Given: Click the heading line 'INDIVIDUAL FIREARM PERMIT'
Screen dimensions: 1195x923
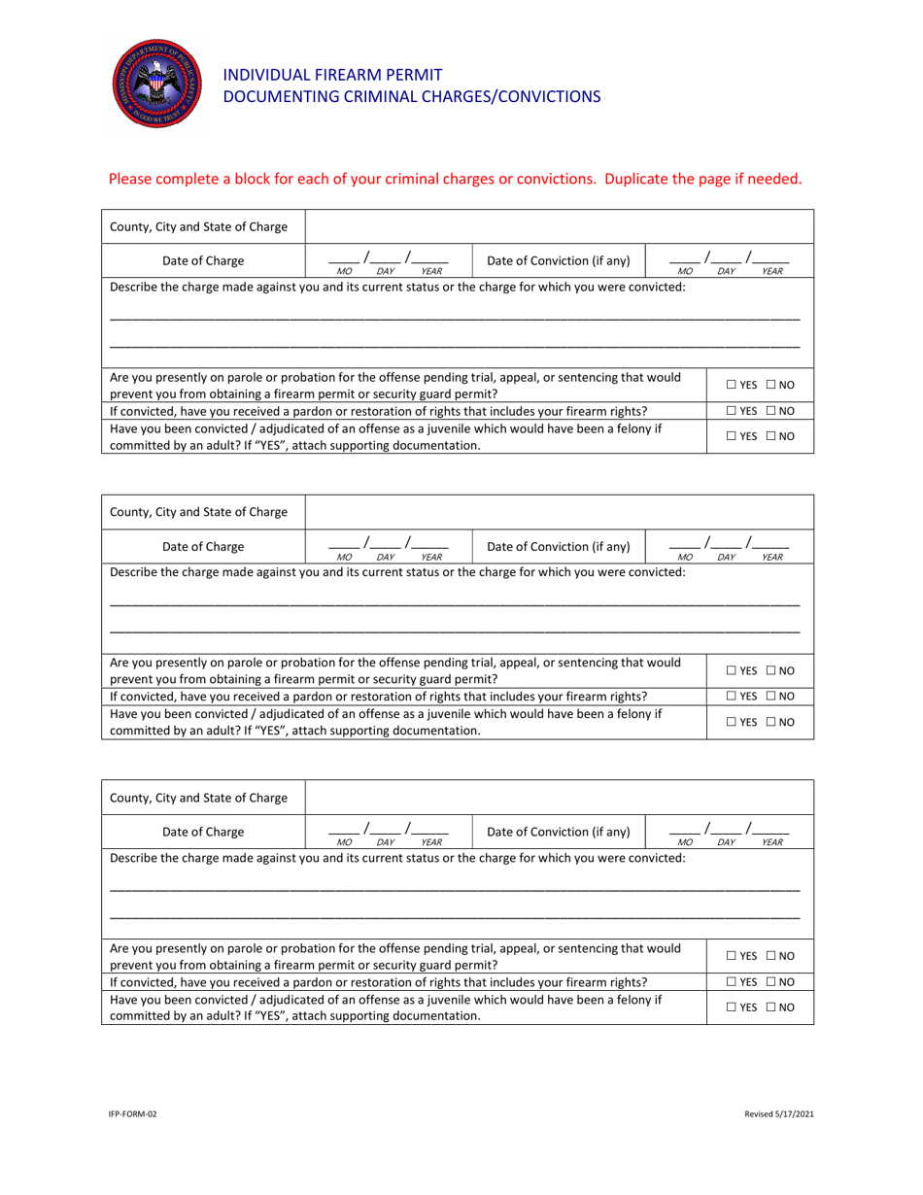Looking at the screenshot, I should (333, 75).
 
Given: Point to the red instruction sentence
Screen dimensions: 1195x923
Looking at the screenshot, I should (456, 179).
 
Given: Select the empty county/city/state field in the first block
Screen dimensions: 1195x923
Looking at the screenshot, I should (559, 227).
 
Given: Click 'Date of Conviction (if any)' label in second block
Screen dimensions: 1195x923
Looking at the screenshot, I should (558, 546).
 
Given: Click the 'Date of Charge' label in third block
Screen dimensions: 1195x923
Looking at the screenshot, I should (203, 832).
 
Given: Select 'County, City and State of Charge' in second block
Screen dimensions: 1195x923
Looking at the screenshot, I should (199, 513).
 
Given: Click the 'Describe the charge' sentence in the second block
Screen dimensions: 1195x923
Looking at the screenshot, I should (398, 573).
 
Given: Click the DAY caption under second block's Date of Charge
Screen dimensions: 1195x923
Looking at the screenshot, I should (386, 558).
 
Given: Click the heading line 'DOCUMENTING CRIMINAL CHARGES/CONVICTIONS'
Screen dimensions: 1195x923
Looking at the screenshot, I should (412, 96).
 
